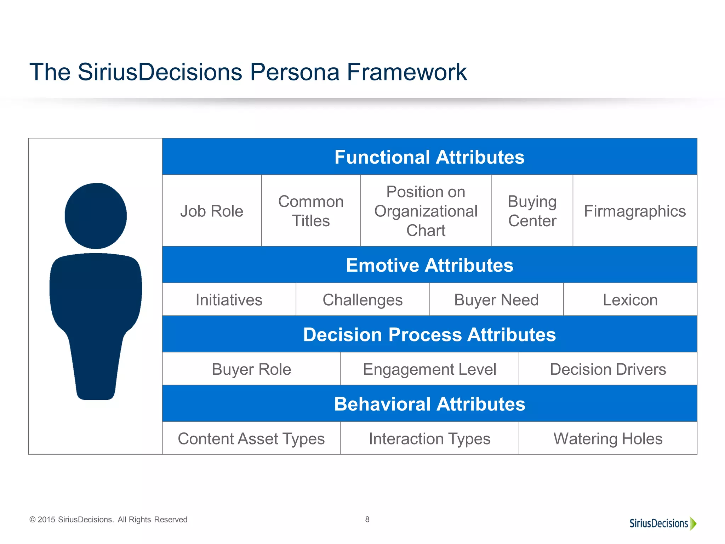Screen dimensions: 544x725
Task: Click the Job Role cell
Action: pos(212,211)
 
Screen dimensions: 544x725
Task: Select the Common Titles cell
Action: pos(311,211)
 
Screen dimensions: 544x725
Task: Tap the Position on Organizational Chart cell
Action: pos(426,211)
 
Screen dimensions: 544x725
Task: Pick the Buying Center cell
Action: pos(532,211)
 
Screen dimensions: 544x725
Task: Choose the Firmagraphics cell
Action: pos(635,211)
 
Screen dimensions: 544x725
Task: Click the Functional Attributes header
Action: pos(429,157)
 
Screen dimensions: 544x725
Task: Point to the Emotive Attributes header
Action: pos(429,265)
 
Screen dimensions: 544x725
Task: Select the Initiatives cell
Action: pos(229,300)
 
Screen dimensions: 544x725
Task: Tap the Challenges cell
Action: pos(362,300)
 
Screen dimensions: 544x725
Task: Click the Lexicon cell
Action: pos(630,300)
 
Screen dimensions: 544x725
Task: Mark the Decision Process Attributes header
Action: pos(429,334)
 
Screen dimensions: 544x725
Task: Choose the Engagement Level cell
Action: pos(429,369)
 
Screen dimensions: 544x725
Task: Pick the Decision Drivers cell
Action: pos(608,369)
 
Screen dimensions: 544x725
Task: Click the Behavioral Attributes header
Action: pos(429,404)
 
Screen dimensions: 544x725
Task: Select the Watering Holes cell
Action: pos(608,438)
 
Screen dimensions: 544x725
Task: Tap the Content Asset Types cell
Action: pos(251,438)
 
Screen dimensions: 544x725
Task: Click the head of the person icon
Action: pos(96,216)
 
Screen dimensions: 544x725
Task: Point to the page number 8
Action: pos(367,519)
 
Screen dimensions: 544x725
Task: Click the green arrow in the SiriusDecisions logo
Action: pos(693,523)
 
